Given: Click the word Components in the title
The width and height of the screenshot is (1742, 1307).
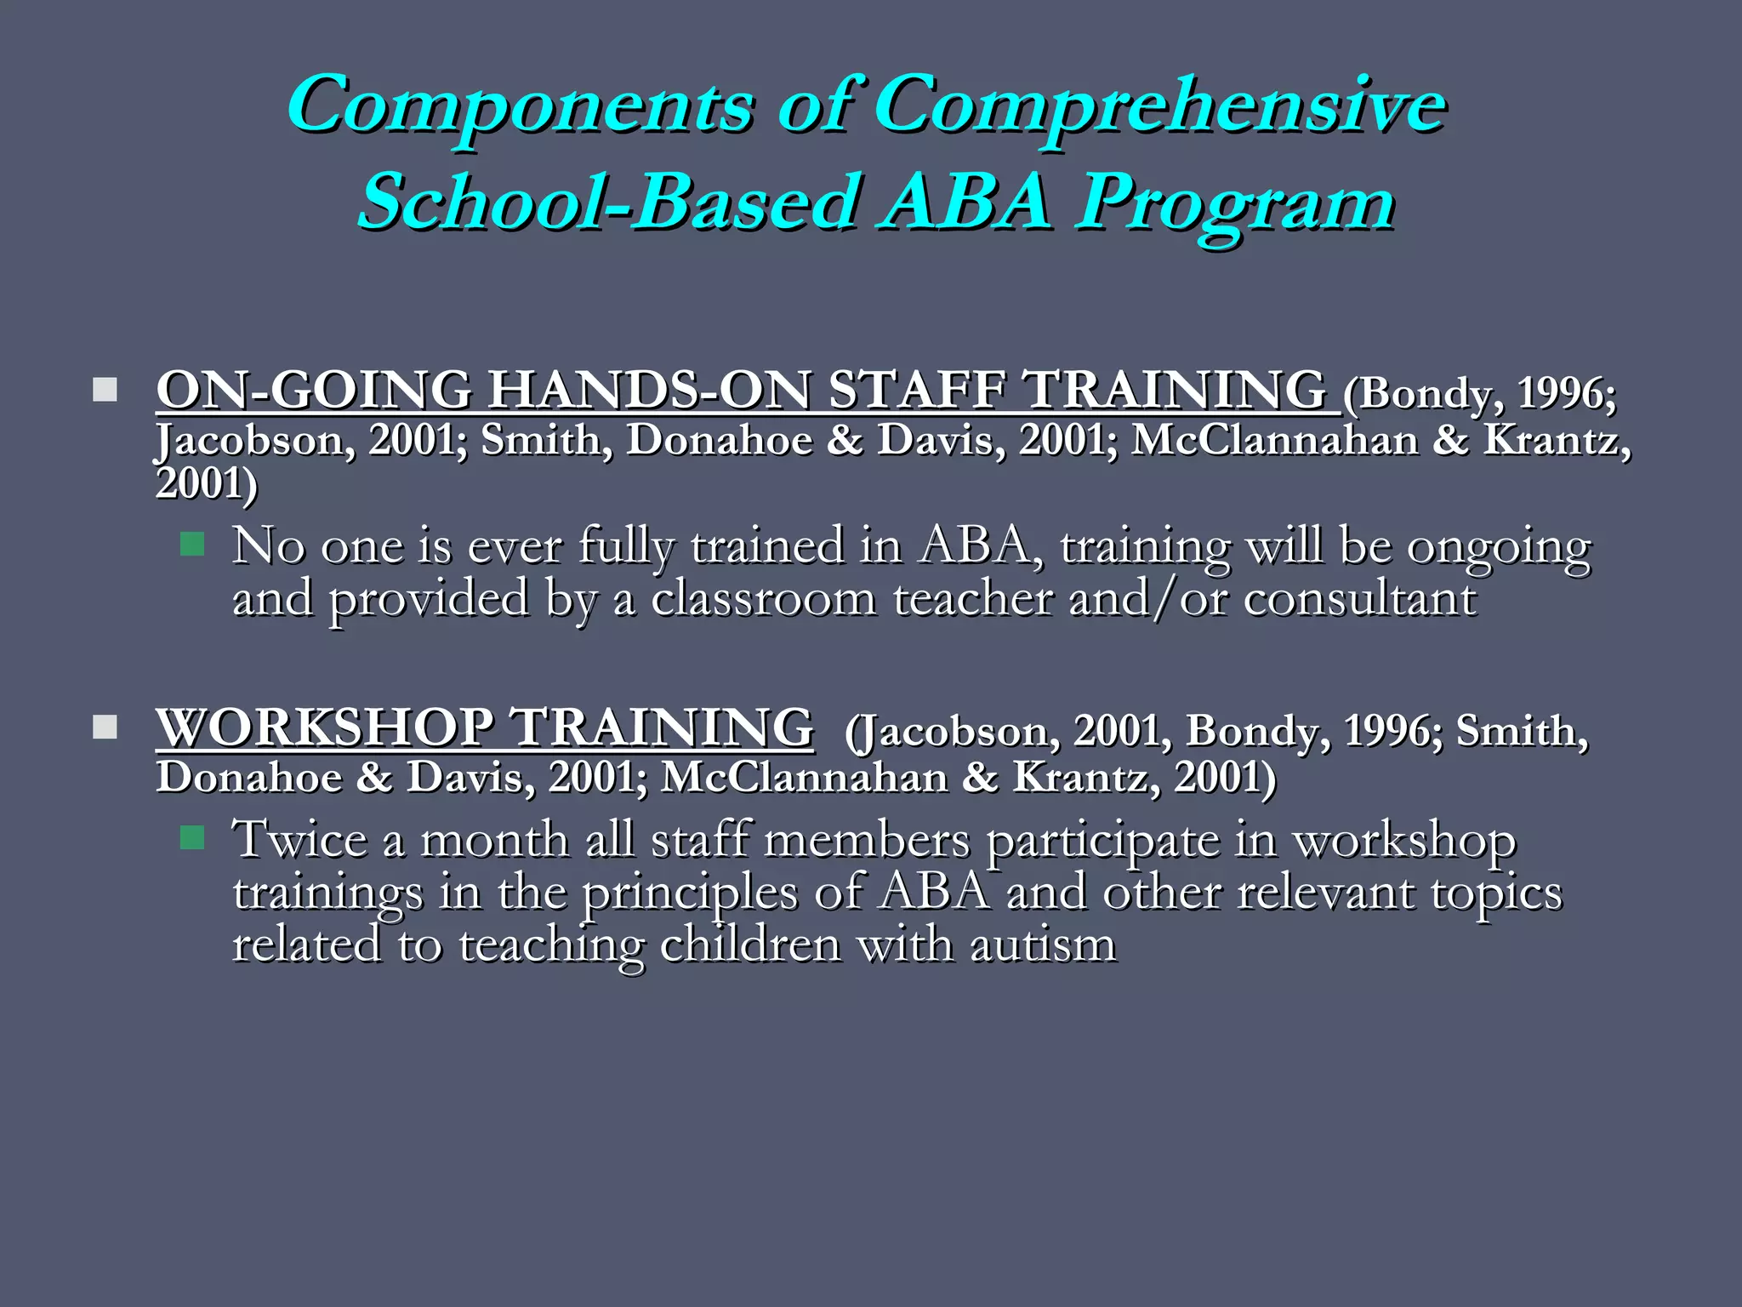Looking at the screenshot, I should [521, 106].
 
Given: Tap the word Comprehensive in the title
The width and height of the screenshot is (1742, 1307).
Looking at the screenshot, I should [1160, 106].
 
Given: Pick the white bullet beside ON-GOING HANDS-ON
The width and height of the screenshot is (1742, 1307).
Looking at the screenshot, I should [105, 391].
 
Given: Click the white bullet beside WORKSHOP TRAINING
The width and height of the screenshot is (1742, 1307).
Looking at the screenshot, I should [105, 728].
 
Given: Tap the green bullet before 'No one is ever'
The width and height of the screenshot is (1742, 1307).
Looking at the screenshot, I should [193, 544].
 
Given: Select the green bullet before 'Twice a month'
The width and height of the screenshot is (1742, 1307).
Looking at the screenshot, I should [193, 838].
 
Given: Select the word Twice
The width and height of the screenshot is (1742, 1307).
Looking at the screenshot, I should [300, 840].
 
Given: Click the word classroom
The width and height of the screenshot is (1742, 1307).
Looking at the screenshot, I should [763, 598].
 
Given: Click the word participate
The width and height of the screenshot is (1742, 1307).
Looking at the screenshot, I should [1102, 842].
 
